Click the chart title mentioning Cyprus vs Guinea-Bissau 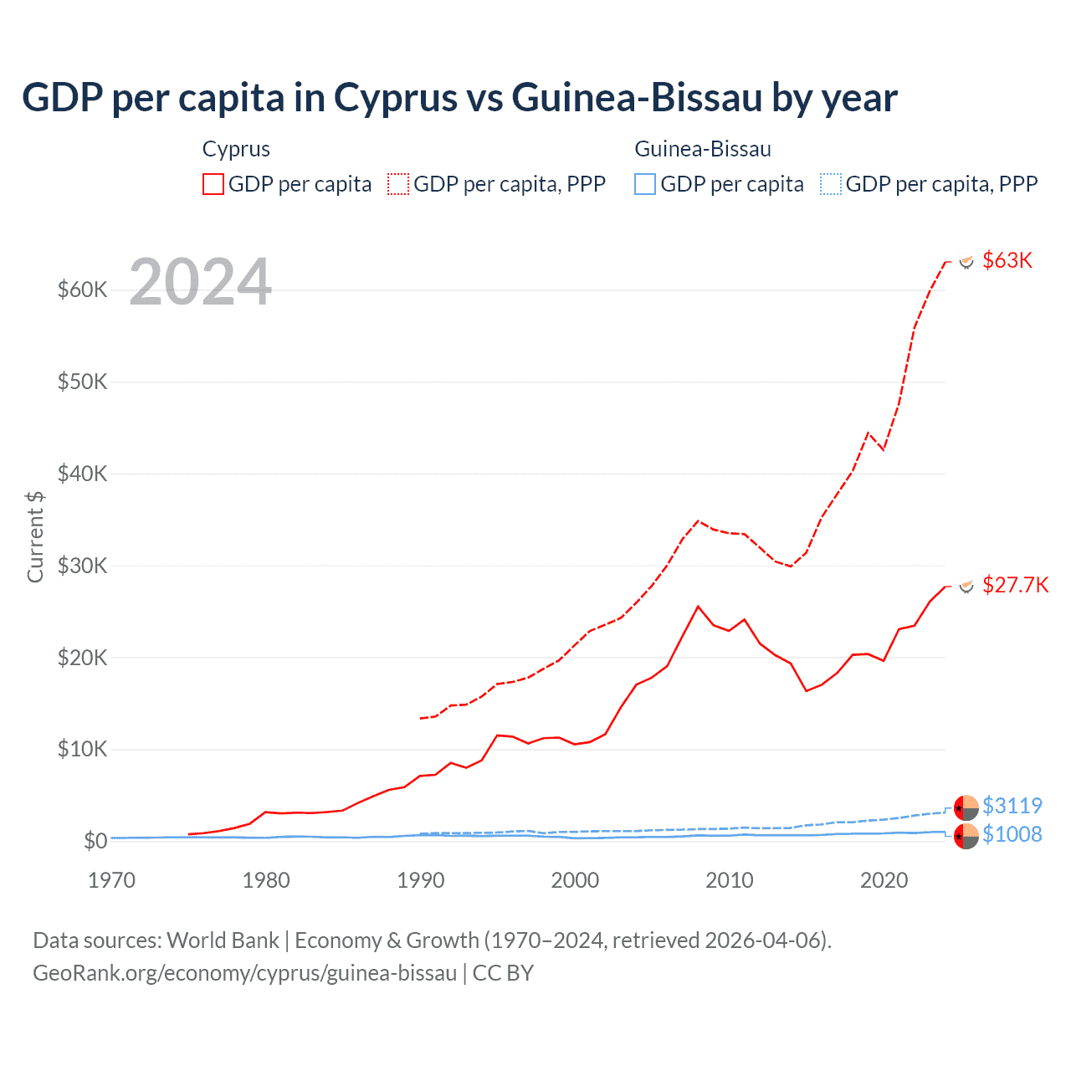click(459, 97)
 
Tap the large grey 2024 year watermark click(201, 283)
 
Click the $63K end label click(1007, 260)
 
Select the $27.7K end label click(1015, 585)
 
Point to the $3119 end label click(1012, 806)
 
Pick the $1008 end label click(1012, 834)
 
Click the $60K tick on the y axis click(83, 290)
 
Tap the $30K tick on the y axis click(83, 566)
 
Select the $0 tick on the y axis click(95, 841)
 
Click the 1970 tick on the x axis click(112, 880)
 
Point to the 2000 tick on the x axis click(575, 880)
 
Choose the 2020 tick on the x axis click(884, 880)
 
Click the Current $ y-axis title click(35, 536)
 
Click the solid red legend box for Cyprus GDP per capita click(213, 184)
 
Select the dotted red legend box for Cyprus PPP click(398, 184)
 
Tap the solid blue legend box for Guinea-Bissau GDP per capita click(645, 184)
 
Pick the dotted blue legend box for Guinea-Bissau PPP click(831, 184)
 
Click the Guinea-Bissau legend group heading click(703, 149)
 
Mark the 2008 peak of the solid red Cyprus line click(699, 607)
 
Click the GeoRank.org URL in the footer click(244, 973)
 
